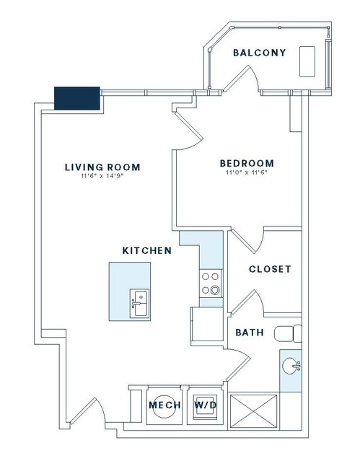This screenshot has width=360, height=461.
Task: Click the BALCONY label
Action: click(259, 53)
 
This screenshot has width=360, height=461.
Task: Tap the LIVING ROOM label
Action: click(102, 167)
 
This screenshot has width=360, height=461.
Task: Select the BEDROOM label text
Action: click(247, 163)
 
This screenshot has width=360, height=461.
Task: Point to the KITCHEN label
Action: click(146, 251)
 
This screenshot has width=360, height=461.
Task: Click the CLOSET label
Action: click(270, 269)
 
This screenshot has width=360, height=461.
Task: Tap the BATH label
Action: click(250, 333)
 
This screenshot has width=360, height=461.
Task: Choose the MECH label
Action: click(164, 405)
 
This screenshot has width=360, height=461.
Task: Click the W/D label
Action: click(206, 405)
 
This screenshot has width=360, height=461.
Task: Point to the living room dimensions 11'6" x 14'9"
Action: click(102, 177)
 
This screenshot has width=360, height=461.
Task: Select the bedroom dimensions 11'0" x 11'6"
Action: click(247, 172)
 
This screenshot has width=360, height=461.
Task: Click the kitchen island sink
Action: click(139, 303)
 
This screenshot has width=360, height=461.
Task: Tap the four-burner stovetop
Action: click(211, 284)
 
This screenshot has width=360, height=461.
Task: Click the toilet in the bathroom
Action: click(288, 334)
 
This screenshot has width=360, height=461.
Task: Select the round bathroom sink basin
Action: click(291, 366)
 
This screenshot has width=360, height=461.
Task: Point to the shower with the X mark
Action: click(253, 412)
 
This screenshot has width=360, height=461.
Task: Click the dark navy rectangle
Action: click(77, 98)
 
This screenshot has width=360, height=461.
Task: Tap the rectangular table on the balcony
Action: click(307, 62)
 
